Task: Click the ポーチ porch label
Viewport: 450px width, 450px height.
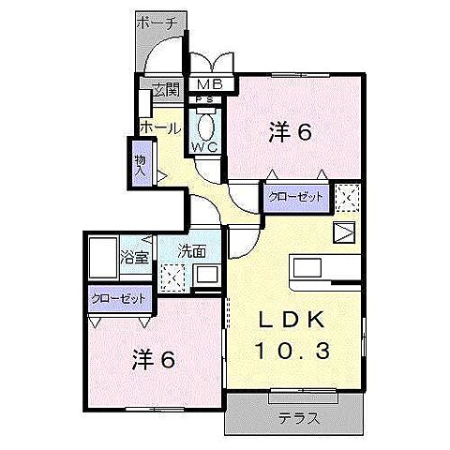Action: (x=157, y=24)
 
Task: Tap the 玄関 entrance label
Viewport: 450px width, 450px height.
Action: (x=165, y=90)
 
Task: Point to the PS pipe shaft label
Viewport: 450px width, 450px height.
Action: (x=205, y=100)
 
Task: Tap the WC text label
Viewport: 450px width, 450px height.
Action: (x=205, y=147)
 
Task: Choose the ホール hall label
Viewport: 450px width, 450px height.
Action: (x=159, y=127)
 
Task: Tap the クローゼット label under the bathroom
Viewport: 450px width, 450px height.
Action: (x=119, y=298)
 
